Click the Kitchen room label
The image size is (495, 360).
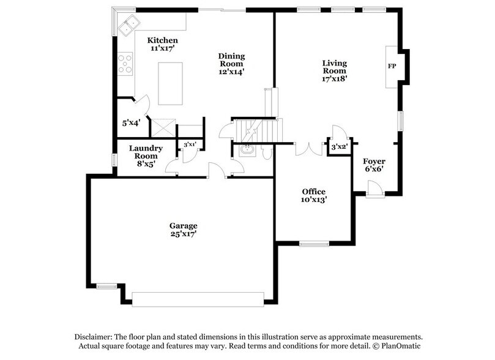tap(163, 40)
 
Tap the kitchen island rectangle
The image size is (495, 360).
tap(171, 83)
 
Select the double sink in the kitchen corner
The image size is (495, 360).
tap(128, 26)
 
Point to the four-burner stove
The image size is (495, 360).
tap(125, 63)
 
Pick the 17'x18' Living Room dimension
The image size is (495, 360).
tap(335, 78)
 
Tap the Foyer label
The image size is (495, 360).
tap(374, 161)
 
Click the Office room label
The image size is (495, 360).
tap(313, 191)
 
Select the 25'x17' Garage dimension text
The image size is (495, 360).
tap(183, 233)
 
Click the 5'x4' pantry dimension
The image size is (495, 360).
tap(131, 122)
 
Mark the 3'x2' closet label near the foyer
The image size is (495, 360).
tap(338, 147)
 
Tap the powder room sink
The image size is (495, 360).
tap(248, 150)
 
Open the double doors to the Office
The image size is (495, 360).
tap(308, 149)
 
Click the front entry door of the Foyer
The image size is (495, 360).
tap(374, 192)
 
